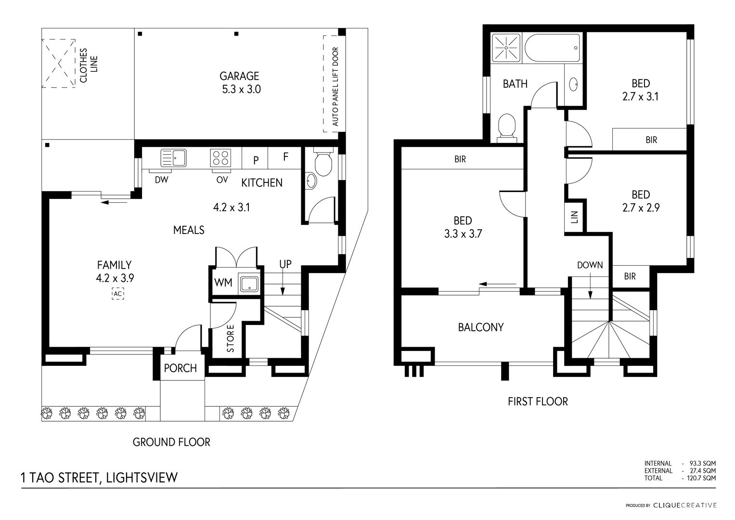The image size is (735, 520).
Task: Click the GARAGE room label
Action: pyautogui.click(x=239, y=76)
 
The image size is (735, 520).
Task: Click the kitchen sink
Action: pyautogui.click(x=173, y=157)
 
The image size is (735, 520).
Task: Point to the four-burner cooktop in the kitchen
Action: pyautogui.click(x=220, y=157)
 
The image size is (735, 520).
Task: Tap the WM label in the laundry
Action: pyautogui.click(x=223, y=283)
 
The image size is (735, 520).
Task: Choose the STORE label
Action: pyautogui.click(x=231, y=338)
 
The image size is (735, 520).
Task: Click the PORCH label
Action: pyautogui.click(x=180, y=368)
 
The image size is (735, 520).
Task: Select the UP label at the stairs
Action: pyautogui.click(x=285, y=264)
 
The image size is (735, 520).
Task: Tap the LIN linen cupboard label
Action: pyautogui.click(x=574, y=218)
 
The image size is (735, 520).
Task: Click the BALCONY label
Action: pyautogui.click(x=480, y=327)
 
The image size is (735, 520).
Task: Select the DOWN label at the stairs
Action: pyautogui.click(x=590, y=265)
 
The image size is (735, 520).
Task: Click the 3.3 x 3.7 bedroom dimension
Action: pyautogui.click(x=463, y=234)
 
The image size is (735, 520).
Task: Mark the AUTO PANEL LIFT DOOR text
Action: pyautogui.click(x=335, y=87)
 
